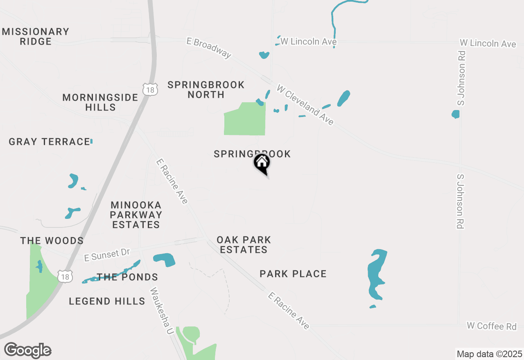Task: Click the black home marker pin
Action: tap(262, 163)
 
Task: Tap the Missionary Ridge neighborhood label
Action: tap(36, 36)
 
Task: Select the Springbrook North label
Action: tap(206, 90)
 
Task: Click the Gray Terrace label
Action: tap(49, 142)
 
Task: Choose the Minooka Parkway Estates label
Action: tap(136, 215)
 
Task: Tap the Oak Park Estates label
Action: tap(244, 245)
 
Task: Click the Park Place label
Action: tap(293, 274)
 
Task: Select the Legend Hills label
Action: tap(107, 301)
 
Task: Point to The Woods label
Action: tap(52, 241)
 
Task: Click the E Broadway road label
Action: tap(209, 47)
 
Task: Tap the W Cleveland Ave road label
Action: tap(305, 105)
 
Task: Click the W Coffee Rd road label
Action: tap(492, 326)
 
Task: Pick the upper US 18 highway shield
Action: tap(150, 89)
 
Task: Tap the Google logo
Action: tap(28, 351)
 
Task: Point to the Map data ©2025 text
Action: tap(489, 354)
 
